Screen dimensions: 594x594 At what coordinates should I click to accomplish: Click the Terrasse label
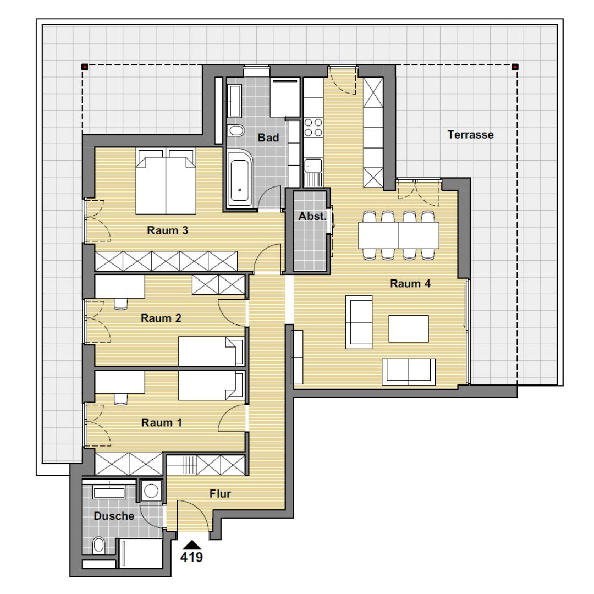pyautogui.click(x=470, y=135)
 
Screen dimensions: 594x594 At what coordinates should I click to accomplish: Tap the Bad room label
pyautogui.click(x=268, y=137)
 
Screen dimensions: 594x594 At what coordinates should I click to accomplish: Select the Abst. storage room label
pyautogui.click(x=312, y=216)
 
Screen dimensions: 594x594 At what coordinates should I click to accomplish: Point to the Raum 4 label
pyautogui.click(x=410, y=283)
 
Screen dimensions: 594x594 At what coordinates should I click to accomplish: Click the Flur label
pyautogui.click(x=220, y=493)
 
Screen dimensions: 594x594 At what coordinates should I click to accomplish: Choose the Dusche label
pyautogui.click(x=114, y=516)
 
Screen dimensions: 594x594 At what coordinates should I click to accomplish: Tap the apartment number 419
pyautogui.click(x=192, y=557)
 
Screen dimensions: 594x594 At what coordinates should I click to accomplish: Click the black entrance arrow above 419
pyautogui.click(x=193, y=544)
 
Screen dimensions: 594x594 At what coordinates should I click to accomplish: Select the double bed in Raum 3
pyautogui.click(x=166, y=181)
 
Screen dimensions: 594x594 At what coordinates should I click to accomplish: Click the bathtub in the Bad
pyautogui.click(x=240, y=179)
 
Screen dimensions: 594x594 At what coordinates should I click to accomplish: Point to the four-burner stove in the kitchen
pyautogui.click(x=313, y=128)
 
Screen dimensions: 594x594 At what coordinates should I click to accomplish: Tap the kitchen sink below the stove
pyautogui.click(x=313, y=172)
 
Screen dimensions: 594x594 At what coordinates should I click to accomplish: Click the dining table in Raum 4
pyautogui.click(x=399, y=235)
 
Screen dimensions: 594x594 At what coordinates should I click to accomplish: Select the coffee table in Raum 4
pyautogui.click(x=409, y=329)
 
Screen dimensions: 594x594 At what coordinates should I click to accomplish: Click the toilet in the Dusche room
pyautogui.click(x=99, y=545)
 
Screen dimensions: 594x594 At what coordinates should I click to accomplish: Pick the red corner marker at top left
pyautogui.click(x=85, y=67)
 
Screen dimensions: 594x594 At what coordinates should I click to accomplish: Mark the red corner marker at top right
pyautogui.click(x=515, y=67)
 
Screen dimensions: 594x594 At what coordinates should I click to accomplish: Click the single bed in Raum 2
pyautogui.click(x=211, y=351)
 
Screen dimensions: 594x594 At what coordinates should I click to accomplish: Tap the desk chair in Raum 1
pyautogui.click(x=121, y=399)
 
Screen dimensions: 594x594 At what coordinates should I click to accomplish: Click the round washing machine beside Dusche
pyautogui.click(x=151, y=491)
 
